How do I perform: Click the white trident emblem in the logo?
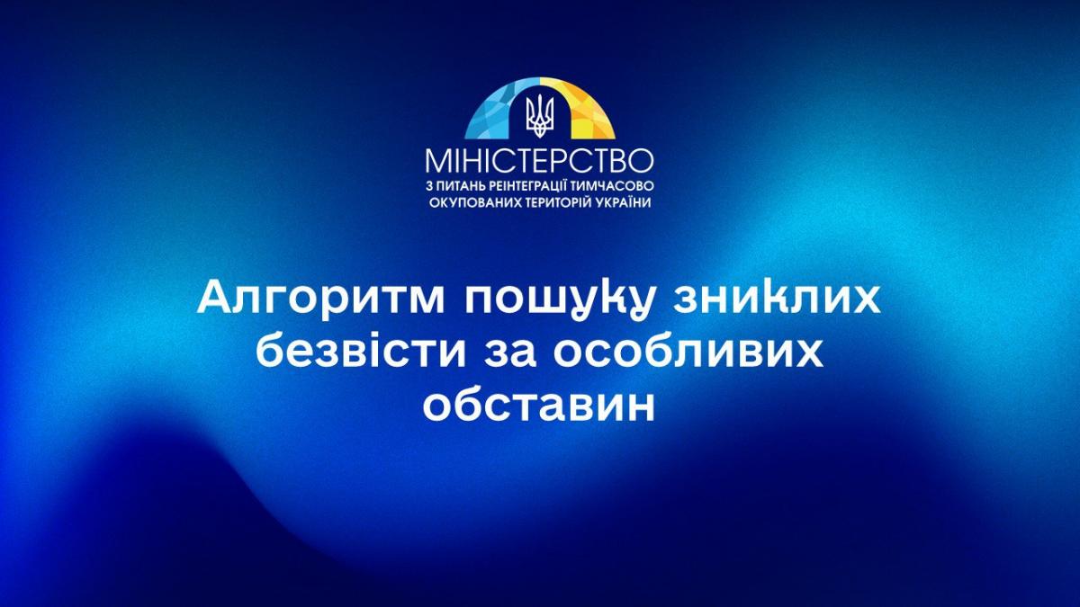[x=540, y=115]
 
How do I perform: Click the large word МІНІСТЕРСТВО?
[x=539, y=161]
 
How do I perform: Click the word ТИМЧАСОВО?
[x=613, y=186]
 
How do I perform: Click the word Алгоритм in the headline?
[x=320, y=299]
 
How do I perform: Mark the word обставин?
[x=539, y=406]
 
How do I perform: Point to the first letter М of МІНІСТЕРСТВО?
[x=437, y=161]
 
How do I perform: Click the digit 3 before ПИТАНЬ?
[x=429, y=186]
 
